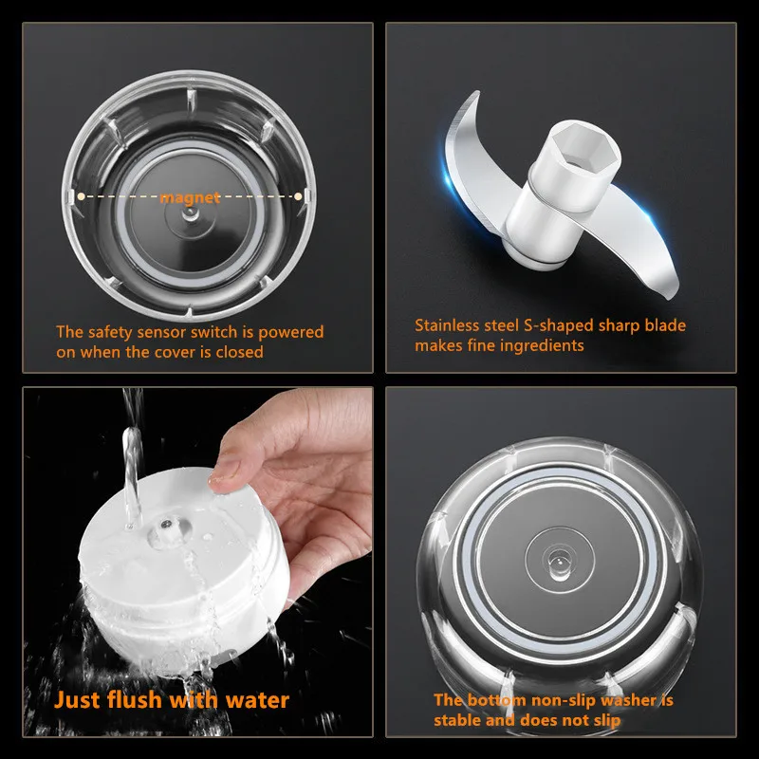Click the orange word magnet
[x=190, y=197]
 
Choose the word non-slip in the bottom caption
[x=562, y=700]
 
